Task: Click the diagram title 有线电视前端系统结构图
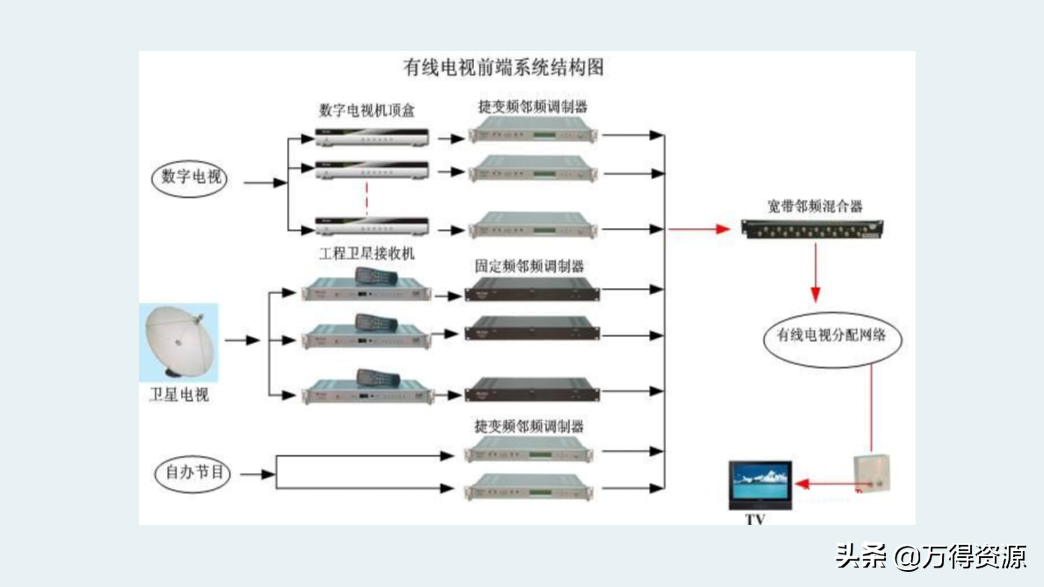tap(504, 68)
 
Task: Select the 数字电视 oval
tap(189, 178)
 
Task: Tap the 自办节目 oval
tap(192, 474)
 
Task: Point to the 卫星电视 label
tap(179, 395)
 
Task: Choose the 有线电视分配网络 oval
tap(832, 339)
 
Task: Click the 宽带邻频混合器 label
tap(815, 206)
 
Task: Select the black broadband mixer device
tap(812, 229)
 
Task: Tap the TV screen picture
tap(760, 483)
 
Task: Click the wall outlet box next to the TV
tap(872, 473)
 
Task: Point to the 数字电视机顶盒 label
tap(367, 110)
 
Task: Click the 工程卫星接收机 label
tap(367, 254)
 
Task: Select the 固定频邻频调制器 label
tap(529, 267)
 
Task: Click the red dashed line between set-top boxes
tap(367, 199)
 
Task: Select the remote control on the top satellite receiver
tap(376, 276)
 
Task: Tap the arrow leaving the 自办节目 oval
tap(257, 474)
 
